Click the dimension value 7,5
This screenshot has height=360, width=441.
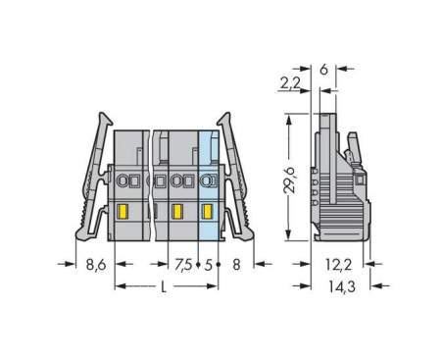click(182, 263)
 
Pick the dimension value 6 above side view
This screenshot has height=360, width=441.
click(323, 69)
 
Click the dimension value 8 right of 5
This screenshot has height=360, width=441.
click(237, 263)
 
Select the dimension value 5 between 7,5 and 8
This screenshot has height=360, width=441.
click(209, 263)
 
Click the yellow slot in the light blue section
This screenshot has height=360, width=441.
click(207, 211)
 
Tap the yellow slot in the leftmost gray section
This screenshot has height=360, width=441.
click(123, 211)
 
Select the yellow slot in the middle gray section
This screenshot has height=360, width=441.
click(176, 211)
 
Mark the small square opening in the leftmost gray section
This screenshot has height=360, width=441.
click(136, 180)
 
